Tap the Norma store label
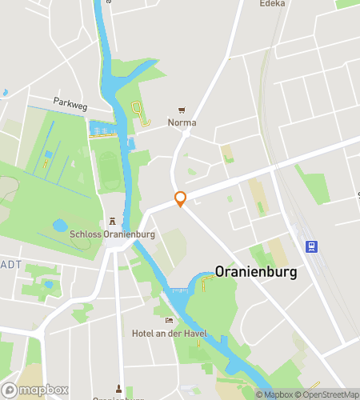pyautogui.click(x=182, y=123)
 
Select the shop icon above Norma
pyautogui.click(x=182, y=110)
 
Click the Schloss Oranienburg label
pyautogui.click(x=112, y=234)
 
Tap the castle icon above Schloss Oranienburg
pyautogui.click(x=112, y=221)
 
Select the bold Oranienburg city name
pyautogui.click(x=256, y=272)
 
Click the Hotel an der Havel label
pyautogui.click(x=169, y=334)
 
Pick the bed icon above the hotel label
pyautogui.click(x=169, y=321)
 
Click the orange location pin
pyautogui.click(x=181, y=199)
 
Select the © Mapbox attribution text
pyautogui.click(x=274, y=394)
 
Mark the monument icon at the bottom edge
pyautogui.click(x=119, y=389)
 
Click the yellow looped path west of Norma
pyautogui.click(x=140, y=114)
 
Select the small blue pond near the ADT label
pyautogui.click(x=49, y=283)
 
